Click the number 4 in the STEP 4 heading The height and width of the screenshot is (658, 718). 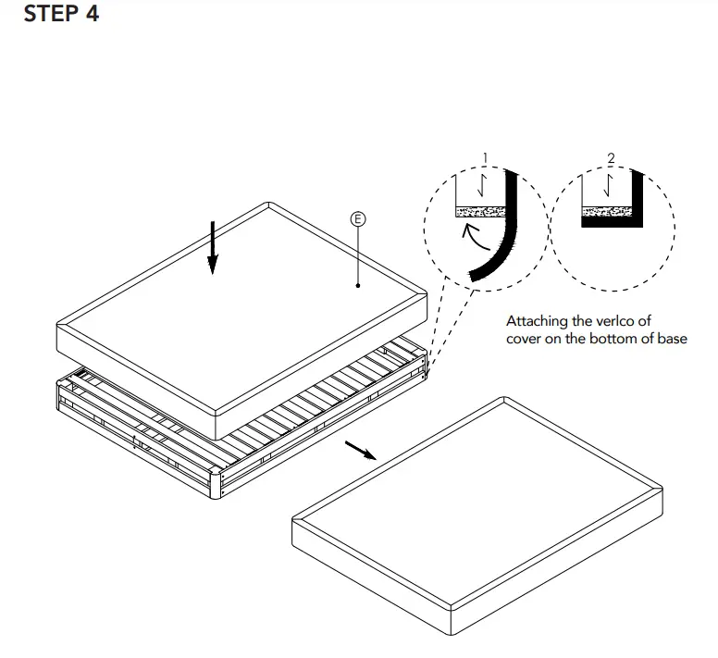pos(91,16)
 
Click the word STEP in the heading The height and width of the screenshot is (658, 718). pos(50,16)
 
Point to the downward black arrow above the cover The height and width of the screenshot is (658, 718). pos(213,248)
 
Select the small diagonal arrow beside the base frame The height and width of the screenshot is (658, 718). pos(360,450)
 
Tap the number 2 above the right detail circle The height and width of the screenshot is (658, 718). pos(611,158)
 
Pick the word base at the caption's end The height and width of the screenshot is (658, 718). pos(672,338)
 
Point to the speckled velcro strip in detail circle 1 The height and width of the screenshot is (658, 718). pos(481,212)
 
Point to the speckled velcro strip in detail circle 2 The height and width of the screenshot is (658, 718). pos(606,212)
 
